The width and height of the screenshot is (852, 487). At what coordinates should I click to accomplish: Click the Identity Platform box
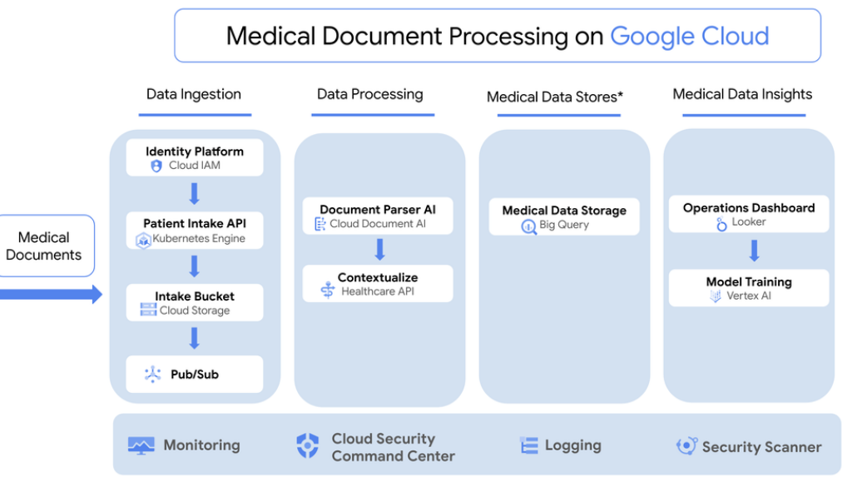[195, 158]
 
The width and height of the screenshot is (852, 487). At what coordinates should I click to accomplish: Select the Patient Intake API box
[195, 231]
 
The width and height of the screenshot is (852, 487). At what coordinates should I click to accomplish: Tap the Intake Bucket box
[195, 303]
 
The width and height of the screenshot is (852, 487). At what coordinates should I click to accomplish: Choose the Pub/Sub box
[195, 375]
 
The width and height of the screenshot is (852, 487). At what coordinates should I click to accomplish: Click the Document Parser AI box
[378, 216]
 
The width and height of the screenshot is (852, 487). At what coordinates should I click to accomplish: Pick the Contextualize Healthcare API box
[378, 284]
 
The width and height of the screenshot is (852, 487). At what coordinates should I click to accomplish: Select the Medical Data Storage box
[564, 216]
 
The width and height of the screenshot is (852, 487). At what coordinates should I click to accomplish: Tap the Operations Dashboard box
[749, 215]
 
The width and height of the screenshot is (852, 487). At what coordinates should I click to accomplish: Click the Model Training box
[749, 288]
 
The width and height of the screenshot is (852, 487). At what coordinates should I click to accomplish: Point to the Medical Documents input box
[44, 246]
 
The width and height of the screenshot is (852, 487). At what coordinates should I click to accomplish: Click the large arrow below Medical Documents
[50, 294]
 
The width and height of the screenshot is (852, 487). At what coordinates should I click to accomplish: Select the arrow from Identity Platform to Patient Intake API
[195, 194]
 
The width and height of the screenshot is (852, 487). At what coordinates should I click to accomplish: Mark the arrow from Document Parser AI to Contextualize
[379, 250]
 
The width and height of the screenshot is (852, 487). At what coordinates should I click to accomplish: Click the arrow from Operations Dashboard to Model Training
[755, 251]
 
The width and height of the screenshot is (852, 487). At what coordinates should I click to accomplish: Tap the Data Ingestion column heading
[194, 94]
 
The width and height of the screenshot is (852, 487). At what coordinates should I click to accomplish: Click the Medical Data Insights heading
[742, 94]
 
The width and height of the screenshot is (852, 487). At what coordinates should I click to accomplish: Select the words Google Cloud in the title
[690, 37]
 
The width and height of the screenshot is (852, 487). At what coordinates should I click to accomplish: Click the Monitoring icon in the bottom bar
[141, 445]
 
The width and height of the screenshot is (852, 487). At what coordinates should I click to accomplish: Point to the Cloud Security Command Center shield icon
[308, 446]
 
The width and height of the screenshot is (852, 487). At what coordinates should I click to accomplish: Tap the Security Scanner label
[761, 447]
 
